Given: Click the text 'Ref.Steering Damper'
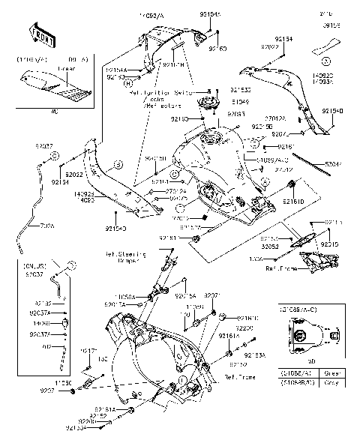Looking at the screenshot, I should tap(123, 257).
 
